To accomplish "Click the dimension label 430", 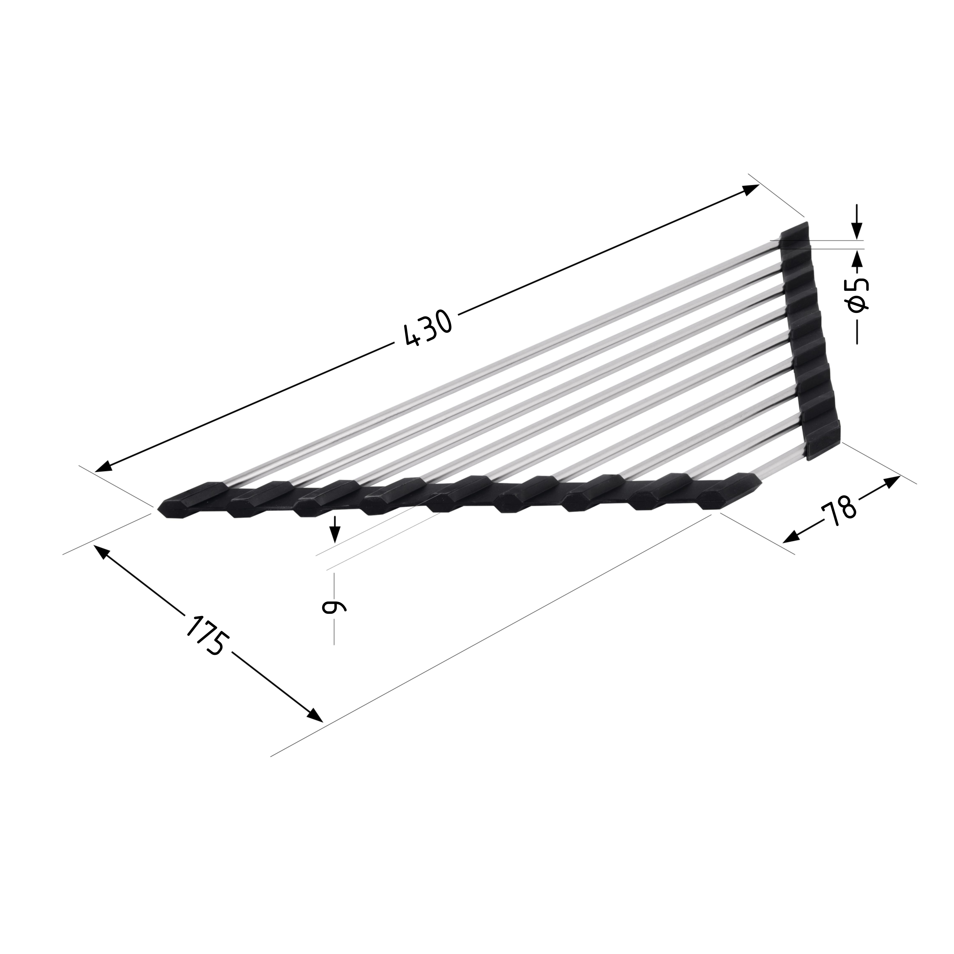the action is point(428,328).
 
